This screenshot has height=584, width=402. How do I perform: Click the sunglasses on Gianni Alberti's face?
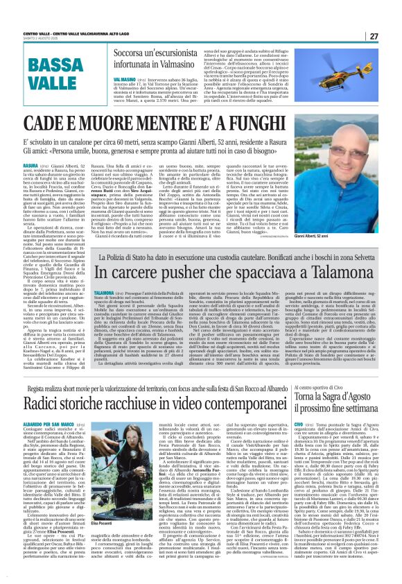tap(344, 182)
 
